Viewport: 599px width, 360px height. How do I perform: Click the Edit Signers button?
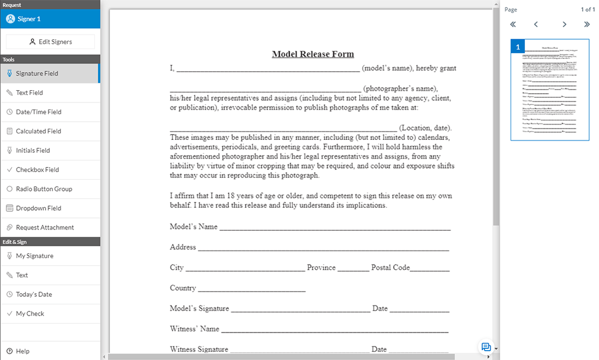50,42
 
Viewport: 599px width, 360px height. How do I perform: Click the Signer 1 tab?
50,19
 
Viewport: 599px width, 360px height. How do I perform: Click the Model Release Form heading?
313,54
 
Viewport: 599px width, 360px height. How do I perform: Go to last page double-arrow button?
587,25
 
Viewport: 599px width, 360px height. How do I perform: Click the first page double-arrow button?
513,25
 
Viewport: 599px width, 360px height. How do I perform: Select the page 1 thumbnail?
549,90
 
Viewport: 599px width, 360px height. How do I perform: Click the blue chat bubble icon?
486,347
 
